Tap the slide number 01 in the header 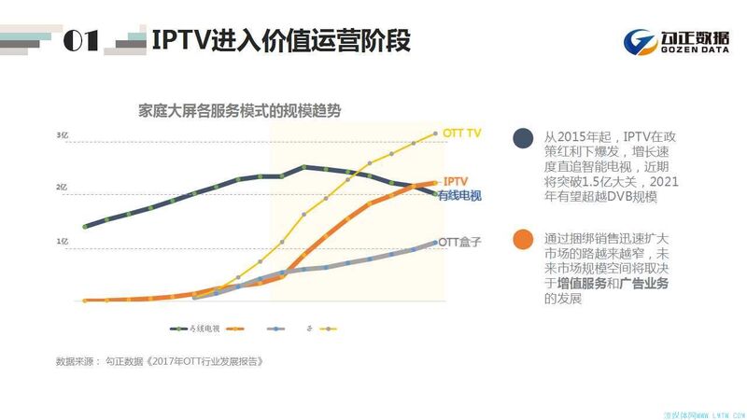[x=81, y=41]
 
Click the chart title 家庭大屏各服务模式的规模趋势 [x=240, y=110]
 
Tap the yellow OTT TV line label [x=461, y=134]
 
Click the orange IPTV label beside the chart [x=455, y=181]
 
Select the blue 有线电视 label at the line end [x=458, y=195]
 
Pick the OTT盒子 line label [x=459, y=242]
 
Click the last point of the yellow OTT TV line [x=435, y=134]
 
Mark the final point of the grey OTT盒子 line [x=435, y=243]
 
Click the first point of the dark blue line [x=85, y=227]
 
